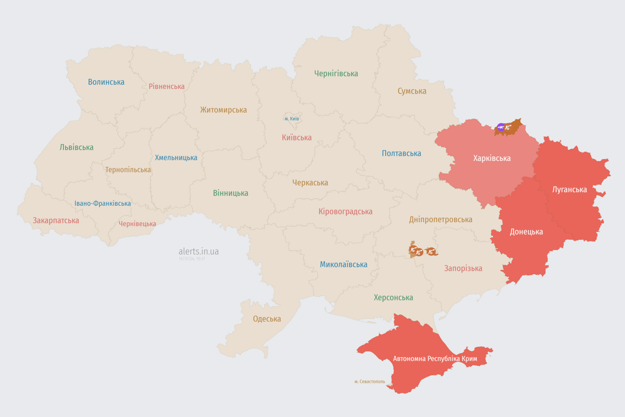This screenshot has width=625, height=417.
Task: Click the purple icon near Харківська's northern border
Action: [500, 128]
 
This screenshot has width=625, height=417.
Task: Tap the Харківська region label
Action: [492, 159]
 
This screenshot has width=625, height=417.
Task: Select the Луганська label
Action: [569, 189]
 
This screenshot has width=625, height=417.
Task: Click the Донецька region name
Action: [526, 232]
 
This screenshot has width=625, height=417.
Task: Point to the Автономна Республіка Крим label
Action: [435, 359]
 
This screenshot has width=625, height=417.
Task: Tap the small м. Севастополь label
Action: [369, 382]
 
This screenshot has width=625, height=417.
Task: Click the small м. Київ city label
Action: [291, 119]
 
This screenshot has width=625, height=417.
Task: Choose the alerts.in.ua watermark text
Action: [199, 251]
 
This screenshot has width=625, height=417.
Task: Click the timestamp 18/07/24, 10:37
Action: [192, 259]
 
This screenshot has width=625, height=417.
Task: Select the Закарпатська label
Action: [56, 220]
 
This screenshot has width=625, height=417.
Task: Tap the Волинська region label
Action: [106, 82]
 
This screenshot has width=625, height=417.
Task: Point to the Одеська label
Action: [267, 319]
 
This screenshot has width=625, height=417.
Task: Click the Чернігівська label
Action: [336, 73]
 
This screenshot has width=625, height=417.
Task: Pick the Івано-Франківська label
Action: [103, 204]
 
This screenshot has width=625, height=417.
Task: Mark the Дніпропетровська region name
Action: [441, 219]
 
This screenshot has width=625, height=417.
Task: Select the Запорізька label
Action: [463, 268]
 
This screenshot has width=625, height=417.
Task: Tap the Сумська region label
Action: [412, 91]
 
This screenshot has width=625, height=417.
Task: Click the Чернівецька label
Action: [137, 224]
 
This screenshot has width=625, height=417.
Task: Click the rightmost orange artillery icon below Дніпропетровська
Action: [431, 251]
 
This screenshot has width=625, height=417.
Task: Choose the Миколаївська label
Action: [343, 264]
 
